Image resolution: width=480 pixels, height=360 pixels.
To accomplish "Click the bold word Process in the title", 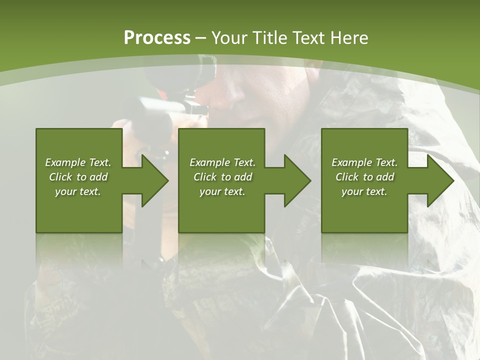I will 157,37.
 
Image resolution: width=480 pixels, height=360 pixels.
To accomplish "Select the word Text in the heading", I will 308,38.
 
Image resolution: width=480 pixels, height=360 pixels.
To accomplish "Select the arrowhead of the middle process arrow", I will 297,180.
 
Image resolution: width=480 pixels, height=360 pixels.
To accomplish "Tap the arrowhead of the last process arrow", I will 440,180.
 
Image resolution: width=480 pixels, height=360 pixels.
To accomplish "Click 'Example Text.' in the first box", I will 78,162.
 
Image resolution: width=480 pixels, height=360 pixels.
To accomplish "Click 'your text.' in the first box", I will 78,191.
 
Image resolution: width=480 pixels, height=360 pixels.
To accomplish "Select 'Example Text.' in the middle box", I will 222,162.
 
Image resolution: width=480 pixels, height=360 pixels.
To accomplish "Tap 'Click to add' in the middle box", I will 222,177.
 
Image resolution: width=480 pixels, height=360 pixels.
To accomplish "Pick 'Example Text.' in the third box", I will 364,162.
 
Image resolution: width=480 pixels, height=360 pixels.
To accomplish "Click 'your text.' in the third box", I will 364,191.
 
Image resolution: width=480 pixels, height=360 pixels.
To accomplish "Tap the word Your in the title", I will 230,38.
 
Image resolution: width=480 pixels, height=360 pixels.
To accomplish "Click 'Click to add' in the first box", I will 78,177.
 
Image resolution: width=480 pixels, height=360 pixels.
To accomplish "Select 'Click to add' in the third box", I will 364,177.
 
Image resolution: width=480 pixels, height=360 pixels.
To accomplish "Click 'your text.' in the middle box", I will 222,191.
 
